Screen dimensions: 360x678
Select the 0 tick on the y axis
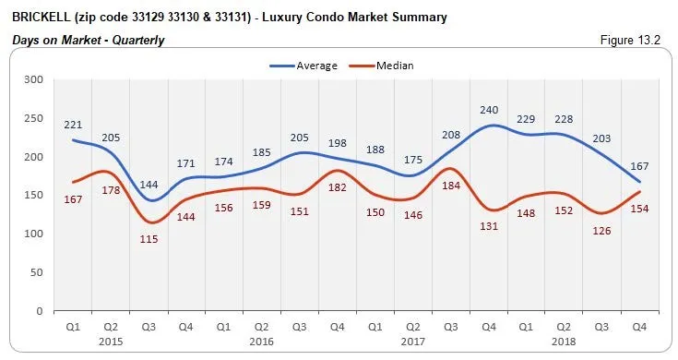[41, 311]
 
